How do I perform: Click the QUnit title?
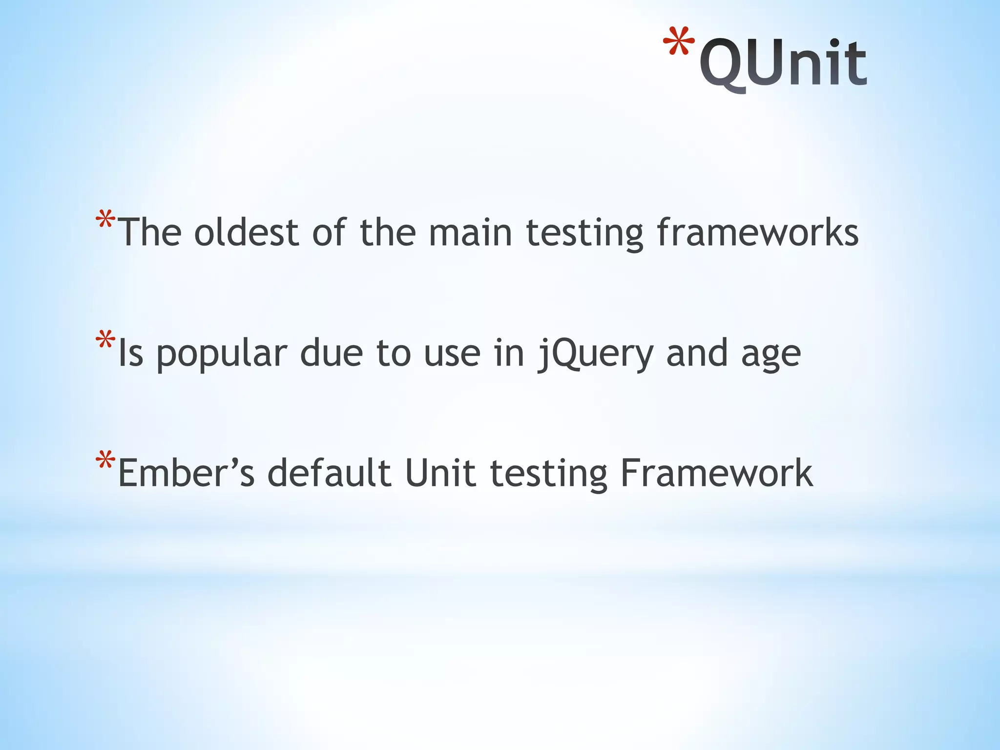click(x=783, y=63)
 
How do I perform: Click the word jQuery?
click(x=595, y=354)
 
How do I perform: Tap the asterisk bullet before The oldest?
click(x=105, y=220)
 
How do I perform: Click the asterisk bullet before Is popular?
click(x=105, y=340)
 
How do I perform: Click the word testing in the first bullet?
click(x=584, y=233)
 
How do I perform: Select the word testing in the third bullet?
click(x=548, y=474)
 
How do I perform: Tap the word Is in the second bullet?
click(x=131, y=354)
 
